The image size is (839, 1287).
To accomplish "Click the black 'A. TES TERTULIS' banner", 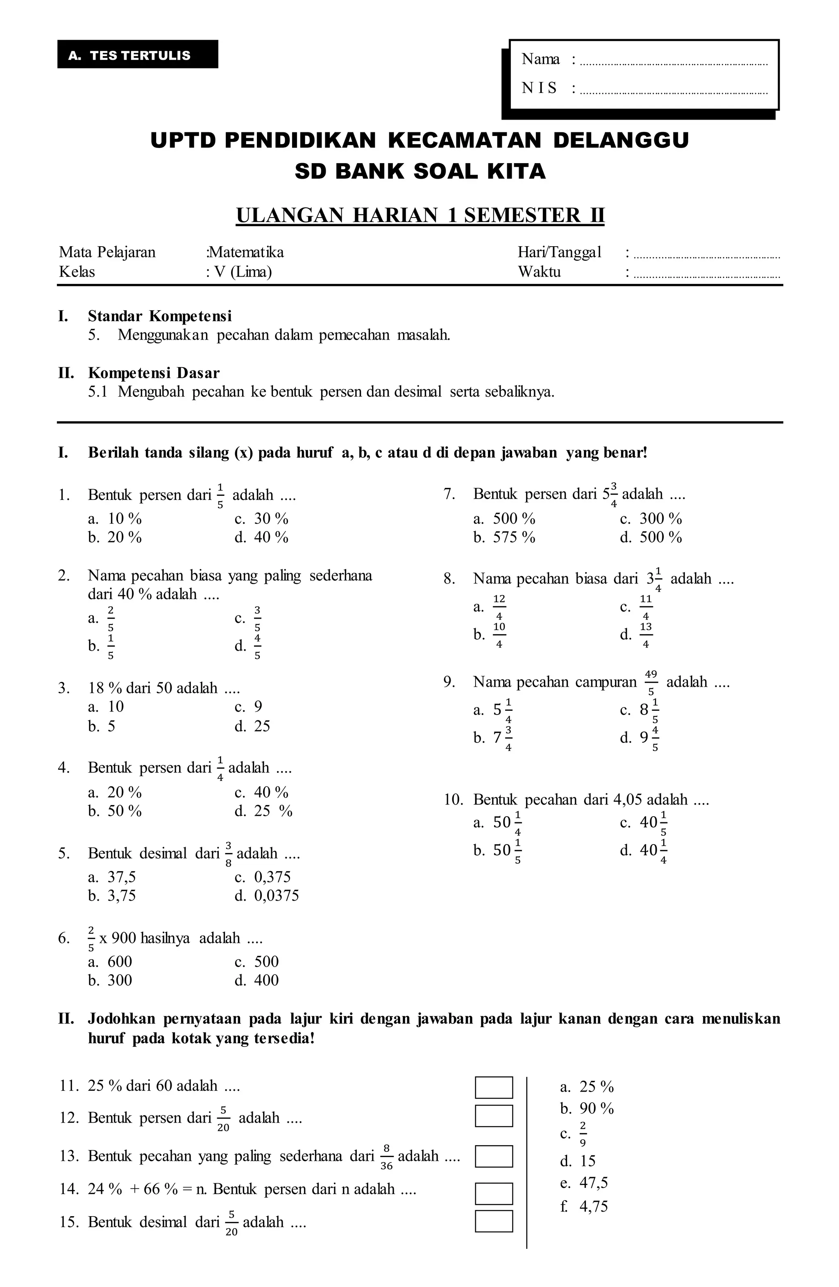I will (x=137, y=54).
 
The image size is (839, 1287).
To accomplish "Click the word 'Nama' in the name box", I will (x=540, y=59).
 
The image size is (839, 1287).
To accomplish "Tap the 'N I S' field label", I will (x=539, y=88).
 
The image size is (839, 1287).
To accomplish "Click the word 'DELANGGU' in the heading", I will (x=621, y=140).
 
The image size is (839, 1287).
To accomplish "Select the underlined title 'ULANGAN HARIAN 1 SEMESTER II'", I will (x=420, y=215).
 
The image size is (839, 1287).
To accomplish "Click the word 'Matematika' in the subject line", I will (x=246, y=252).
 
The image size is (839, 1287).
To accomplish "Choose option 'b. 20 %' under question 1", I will (x=115, y=538).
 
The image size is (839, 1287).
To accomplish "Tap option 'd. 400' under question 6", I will (x=257, y=981).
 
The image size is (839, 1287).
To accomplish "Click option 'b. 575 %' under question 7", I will (x=504, y=538).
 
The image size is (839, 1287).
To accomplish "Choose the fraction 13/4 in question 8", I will (x=646, y=636).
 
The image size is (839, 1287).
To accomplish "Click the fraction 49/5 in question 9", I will (x=651, y=683).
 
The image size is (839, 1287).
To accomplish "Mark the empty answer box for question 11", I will (x=494, y=1087).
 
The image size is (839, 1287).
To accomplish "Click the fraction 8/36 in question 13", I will (x=386, y=1157).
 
